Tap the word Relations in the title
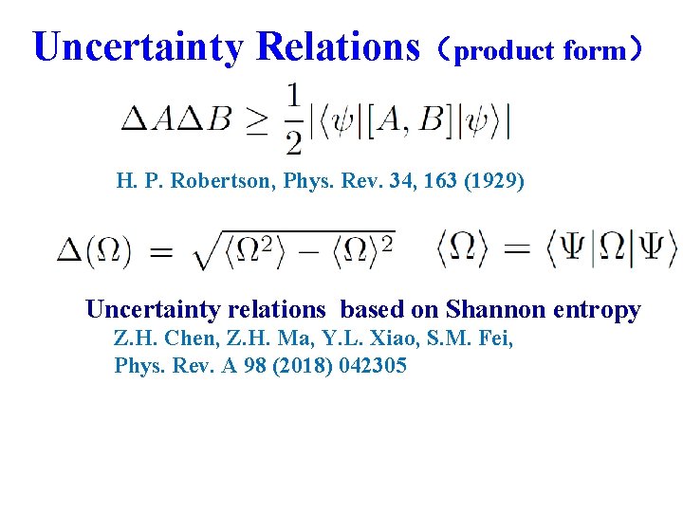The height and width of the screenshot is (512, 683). coord(338,46)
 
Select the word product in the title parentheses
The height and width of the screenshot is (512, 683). coord(491,51)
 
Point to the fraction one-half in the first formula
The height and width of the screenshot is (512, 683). coord(294,119)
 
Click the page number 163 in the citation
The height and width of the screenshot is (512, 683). coord(438,180)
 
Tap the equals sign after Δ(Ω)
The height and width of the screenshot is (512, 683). coord(161,252)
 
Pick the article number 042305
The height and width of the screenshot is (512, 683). coord(373,365)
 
